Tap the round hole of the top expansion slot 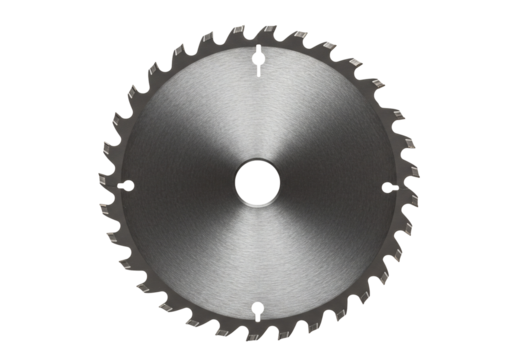point(257,58)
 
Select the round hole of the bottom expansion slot point(256,307)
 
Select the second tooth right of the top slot point(299,38)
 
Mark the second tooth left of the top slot point(211,38)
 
